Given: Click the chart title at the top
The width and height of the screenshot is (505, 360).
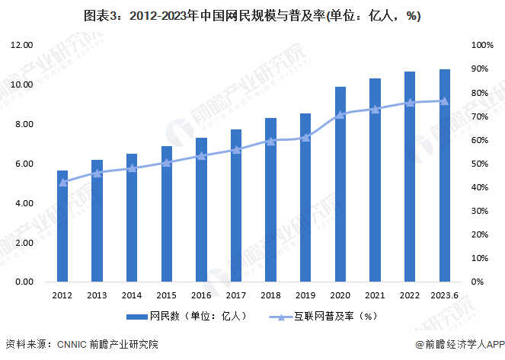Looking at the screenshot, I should pos(252,16).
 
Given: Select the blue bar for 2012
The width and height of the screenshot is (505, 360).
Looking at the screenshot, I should pos(62,226).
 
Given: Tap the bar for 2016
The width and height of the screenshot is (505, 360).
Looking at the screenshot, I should pos(202,209).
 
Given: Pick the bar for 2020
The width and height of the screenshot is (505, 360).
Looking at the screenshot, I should pos(340,184).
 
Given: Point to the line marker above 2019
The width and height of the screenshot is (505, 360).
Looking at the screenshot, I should pos(305,138).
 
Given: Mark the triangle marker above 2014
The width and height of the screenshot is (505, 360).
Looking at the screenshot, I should pos(132,168).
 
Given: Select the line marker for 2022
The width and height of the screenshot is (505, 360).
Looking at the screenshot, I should pos(410,102).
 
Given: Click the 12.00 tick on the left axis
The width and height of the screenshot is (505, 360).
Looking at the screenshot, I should pos(21,46).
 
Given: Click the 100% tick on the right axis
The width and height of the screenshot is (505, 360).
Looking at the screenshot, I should pos(482,46).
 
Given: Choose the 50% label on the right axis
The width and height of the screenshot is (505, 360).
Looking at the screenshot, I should pos(480,164).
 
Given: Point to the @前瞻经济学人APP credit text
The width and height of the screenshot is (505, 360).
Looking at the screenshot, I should pos(455,345).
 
